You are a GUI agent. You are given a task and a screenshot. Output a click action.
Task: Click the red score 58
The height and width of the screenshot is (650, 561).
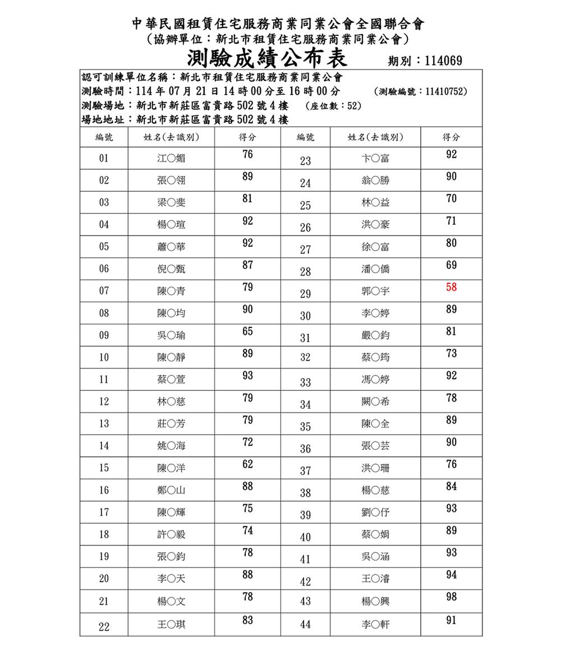(451, 287)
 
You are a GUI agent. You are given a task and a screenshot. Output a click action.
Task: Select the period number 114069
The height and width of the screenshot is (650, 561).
(443, 61)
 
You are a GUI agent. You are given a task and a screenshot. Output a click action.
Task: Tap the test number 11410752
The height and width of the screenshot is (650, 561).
(445, 91)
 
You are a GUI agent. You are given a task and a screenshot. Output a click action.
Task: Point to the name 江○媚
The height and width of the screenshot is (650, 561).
(171, 158)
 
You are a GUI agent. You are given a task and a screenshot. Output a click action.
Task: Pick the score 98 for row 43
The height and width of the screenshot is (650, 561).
(451, 597)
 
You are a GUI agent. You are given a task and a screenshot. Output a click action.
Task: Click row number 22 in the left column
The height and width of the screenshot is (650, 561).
(104, 627)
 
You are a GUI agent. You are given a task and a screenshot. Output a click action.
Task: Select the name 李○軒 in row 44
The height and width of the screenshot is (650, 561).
(375, 624)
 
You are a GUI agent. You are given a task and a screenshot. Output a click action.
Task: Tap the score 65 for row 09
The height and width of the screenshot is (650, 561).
(247, 331)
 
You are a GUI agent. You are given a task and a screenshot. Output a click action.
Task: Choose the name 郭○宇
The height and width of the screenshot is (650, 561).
(375, 291)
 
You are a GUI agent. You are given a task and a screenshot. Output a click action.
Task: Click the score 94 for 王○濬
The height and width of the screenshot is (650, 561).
(451, 575)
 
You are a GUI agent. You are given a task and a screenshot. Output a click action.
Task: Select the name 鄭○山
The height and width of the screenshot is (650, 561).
(171, 490)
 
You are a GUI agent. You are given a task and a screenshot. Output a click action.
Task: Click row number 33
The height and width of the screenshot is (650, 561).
(305, 382)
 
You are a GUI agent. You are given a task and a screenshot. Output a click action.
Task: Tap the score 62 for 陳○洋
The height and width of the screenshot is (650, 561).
(247, 464)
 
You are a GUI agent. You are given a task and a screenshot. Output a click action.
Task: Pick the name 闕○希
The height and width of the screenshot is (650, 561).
(375, 402)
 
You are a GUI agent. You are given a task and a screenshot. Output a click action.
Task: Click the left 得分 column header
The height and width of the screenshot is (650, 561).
(247, 137)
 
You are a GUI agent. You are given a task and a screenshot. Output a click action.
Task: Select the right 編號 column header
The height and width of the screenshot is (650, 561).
(305, 137)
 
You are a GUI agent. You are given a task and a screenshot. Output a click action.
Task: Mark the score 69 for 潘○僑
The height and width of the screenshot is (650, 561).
(451, 265)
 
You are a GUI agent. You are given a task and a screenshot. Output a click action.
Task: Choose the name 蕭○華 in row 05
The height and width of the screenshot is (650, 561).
(171, 247)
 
